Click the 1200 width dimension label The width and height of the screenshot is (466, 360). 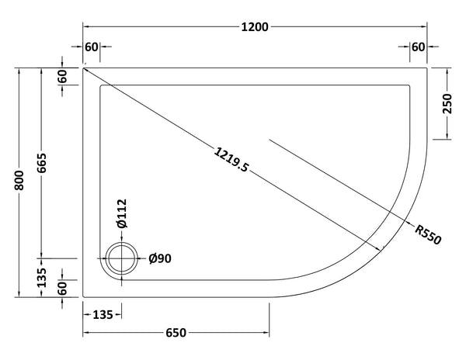pos(255,27)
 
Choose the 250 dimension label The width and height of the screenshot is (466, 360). pos(447,103)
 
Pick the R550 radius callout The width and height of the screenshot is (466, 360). pos(428,234)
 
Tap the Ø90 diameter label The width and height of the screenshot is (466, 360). pos(158,258)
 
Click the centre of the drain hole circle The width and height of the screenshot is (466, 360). pos(121,258)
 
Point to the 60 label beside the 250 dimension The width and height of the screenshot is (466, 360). pos(419,48)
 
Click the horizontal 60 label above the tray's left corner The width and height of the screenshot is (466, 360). pos(92,48)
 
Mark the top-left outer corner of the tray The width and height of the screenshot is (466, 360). pos(83,67)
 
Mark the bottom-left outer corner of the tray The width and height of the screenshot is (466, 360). pos(83,296)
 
